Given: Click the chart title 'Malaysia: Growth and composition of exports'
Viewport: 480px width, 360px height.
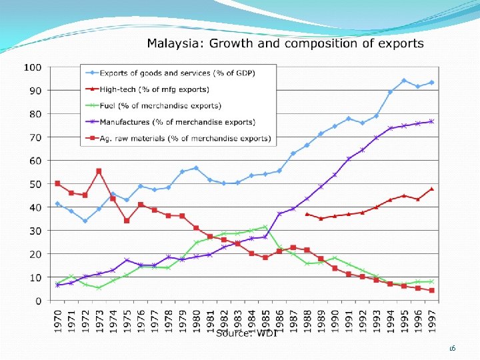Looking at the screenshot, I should click(285, 44).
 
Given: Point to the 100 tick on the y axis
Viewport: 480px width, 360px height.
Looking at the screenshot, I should click(33, 67).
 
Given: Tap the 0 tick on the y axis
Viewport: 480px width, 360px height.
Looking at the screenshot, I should click(39, 301).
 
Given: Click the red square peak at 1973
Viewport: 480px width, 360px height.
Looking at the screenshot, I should click(99, 171).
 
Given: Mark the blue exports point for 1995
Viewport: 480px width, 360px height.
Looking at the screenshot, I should click(403, 81).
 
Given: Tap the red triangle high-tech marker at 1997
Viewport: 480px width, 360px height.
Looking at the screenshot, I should click(431, 189).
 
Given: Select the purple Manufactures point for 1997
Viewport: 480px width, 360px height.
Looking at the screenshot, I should click(431, 121).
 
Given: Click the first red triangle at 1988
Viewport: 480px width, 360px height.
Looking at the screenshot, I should click(307, 214).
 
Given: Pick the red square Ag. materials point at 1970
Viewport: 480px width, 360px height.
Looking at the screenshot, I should click(57, 183).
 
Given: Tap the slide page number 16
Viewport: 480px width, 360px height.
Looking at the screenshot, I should click(452, 347).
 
